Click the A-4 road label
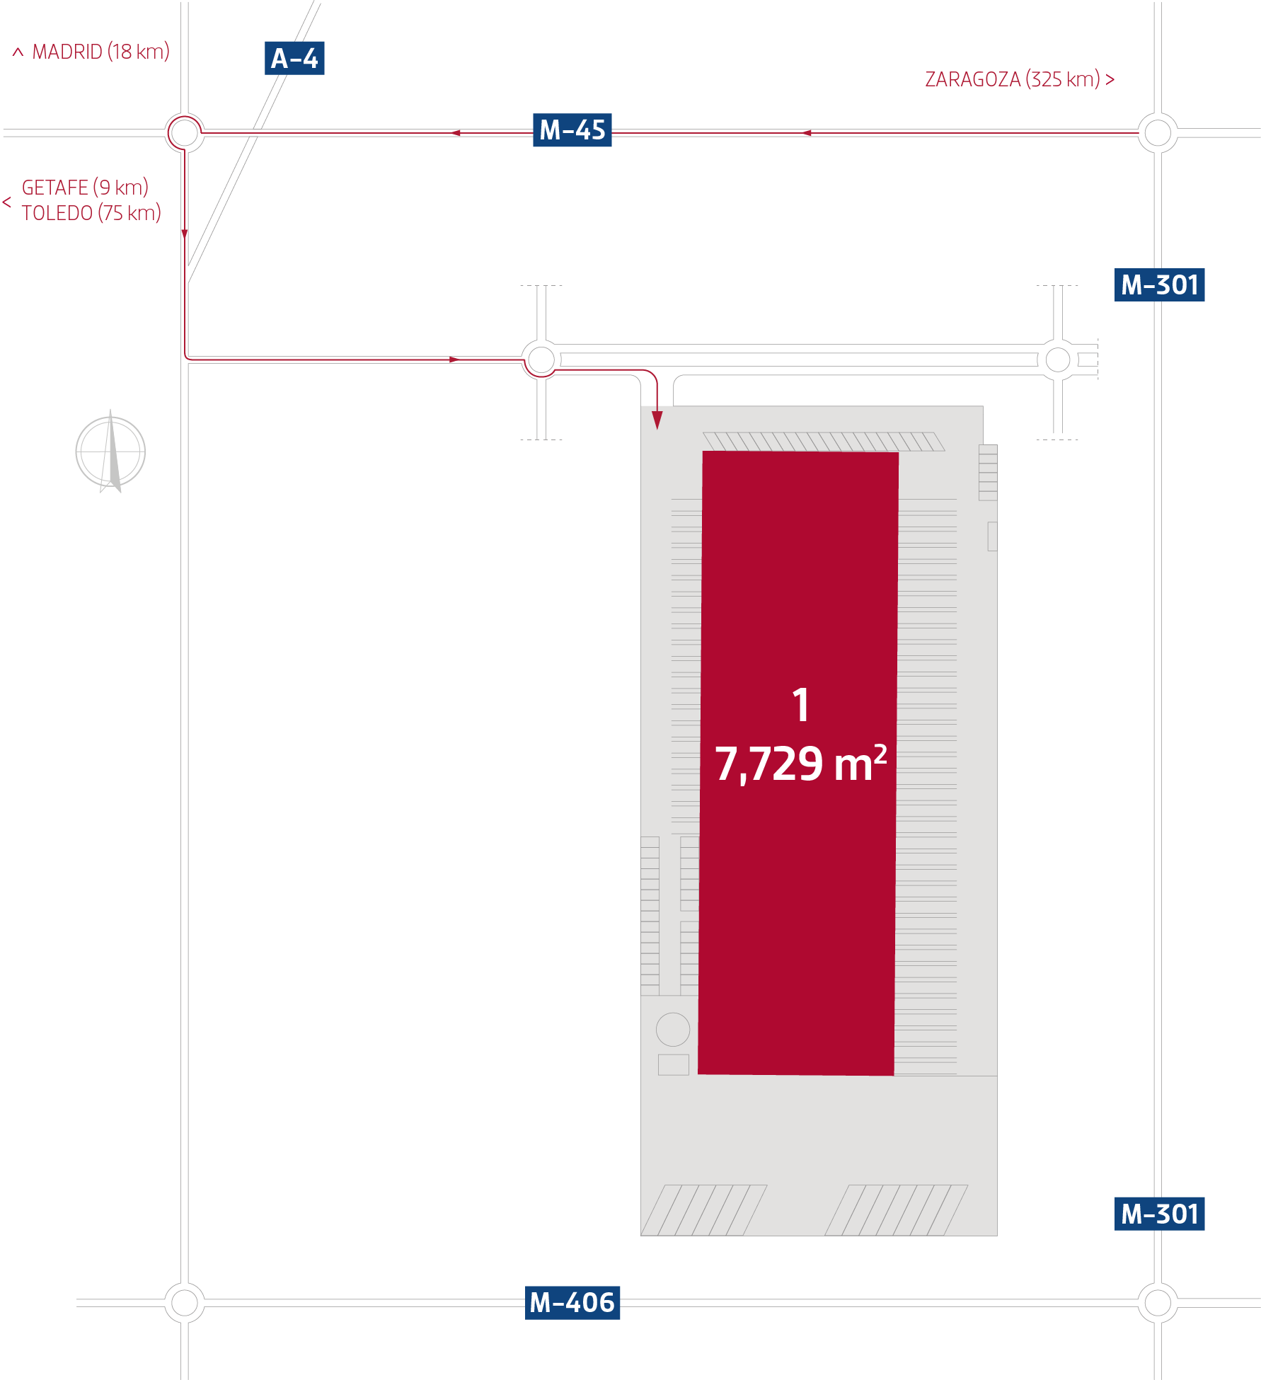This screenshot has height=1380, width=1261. point(294,58)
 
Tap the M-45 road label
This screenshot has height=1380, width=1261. point(572,130)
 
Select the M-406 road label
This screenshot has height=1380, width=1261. point(572,1303)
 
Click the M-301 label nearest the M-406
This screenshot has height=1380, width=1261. point(1159,1214)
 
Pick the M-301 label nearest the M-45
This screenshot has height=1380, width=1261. point(1159,284)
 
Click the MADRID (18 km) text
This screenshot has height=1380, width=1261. point(100,52)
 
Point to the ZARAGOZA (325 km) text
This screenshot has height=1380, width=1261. point(1013,79)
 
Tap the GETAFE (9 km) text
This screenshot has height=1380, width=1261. point(85,188)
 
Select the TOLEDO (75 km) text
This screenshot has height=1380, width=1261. point(91,213)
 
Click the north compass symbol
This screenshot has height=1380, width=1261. point(110,452)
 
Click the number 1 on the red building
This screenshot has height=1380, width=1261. point(800,705)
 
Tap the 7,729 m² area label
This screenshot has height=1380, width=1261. point(800,764)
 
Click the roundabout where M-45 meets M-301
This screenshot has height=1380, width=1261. point(1157,132)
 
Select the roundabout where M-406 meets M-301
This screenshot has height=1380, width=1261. point(1157,1303)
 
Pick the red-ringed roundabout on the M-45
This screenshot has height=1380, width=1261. point(185,132)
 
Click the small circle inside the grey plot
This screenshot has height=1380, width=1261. point(673,1029)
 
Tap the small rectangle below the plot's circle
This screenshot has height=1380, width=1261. point(673,1064)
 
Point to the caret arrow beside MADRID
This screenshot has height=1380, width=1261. point(18,52)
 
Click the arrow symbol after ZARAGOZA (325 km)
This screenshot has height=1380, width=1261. point(1110,79)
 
